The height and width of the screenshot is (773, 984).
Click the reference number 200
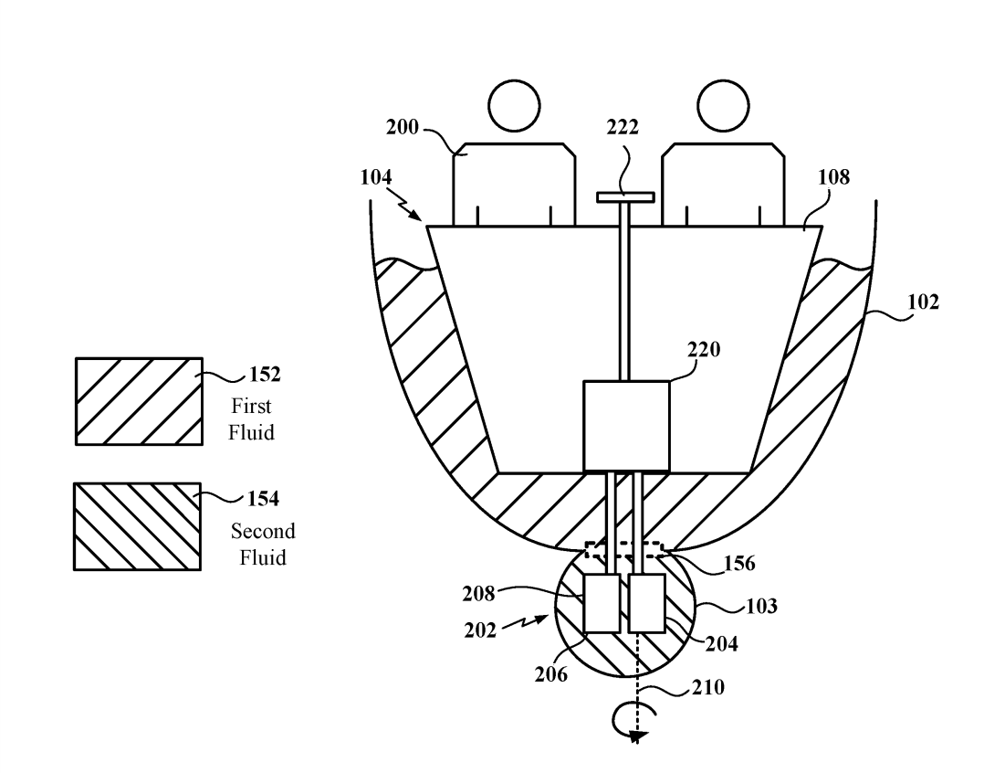point(402,127)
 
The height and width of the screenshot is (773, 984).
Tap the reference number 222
point(623,127)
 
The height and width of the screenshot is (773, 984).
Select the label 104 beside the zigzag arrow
point(376,177)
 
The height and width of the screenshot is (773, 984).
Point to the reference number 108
point(833,177)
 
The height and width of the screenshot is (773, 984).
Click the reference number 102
point(923,302)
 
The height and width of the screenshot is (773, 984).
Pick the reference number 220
point(704,349)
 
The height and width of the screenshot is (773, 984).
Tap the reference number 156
point(739,563)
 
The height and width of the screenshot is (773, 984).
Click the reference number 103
point(761,606)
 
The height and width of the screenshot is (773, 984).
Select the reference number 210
point(708,687)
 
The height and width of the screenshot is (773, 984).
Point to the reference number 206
point(551,674)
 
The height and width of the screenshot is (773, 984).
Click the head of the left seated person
point(514,105)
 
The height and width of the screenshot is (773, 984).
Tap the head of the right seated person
point(723,105)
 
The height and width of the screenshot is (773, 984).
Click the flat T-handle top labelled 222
point(625,197)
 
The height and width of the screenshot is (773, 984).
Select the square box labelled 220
point(626,426)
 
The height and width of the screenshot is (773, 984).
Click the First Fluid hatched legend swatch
point(139,401)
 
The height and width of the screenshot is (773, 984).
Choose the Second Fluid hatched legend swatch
point(138,526)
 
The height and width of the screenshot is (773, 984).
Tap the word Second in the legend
point(263,531)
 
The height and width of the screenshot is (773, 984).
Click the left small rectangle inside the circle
point(602,603)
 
